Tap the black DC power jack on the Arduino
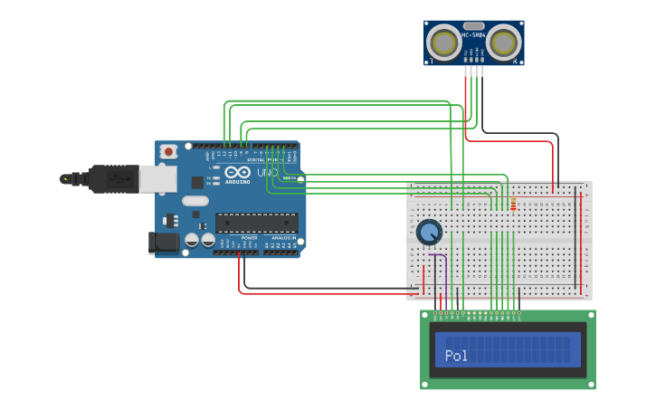(164, 242)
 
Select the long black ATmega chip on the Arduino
(256, 222)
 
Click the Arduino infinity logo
(238, 172)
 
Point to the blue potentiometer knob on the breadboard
(429, 233)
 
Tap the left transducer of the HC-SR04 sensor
(444, 43)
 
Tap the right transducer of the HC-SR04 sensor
(504, 43)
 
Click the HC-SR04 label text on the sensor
(474, 35)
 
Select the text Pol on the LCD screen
(456, 356)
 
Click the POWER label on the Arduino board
(249, 237)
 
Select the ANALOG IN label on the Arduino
(283, 237)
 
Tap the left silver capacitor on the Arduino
(192, 240)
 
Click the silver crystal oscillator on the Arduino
(195, 201)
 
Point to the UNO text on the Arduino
(267, 172)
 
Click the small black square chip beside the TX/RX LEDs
(197, 182)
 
